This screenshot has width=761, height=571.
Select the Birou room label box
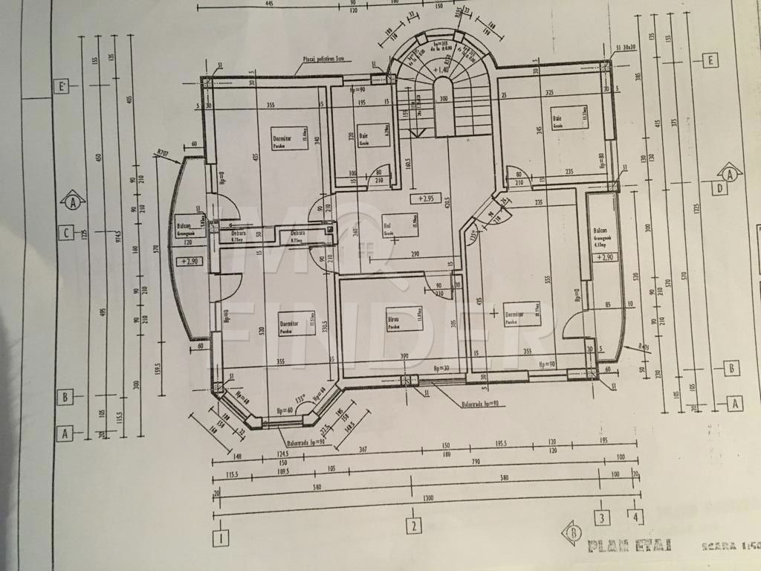pos(404,317)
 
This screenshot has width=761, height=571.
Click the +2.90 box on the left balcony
pos(187,261)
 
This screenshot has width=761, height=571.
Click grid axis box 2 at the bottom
pos(412,526)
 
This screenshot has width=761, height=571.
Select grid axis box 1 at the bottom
pos(221,537)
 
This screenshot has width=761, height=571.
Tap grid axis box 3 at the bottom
pos(602,516)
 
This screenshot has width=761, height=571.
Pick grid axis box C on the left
pos(66,233)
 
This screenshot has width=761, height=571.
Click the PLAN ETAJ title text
pos(629,546)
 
